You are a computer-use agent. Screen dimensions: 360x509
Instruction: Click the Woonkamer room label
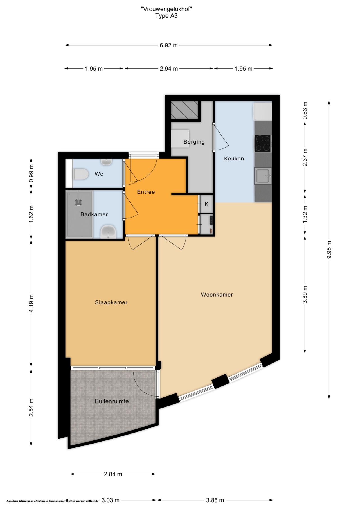[x=217, y=295]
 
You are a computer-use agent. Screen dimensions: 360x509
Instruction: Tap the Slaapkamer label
[x=111, y=302]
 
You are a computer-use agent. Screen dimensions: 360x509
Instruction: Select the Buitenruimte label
[x=112, y=401]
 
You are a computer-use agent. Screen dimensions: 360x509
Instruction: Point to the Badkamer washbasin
[x=108, y=232]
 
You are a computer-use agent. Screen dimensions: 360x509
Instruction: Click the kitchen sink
[x=263, y=176]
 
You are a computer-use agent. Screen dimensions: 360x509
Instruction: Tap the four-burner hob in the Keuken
[x=262, y=143]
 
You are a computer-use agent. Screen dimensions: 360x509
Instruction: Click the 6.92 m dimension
[x=169, y=45]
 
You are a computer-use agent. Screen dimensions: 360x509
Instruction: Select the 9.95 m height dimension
[x=329, y=250]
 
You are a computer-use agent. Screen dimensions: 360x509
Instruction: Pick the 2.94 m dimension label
[x=169, y=69]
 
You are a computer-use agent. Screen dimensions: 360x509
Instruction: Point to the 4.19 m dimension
[x=31, y=303]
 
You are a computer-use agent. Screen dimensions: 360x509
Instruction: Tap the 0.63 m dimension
[x=305, y=110]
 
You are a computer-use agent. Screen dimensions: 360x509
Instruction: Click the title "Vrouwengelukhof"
[x=166, y=9]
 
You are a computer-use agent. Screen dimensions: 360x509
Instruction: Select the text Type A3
[x=166, y=16]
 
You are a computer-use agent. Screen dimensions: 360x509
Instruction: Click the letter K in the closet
[x=206, y=204]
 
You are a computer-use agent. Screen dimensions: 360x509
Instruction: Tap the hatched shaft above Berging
[x=185, y=110]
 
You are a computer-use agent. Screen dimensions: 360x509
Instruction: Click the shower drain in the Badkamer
[x=78, y=202]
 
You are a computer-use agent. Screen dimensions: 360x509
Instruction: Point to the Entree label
[x=146, y=192]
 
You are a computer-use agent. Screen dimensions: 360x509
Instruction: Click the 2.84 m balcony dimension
[x=113, y=474]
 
